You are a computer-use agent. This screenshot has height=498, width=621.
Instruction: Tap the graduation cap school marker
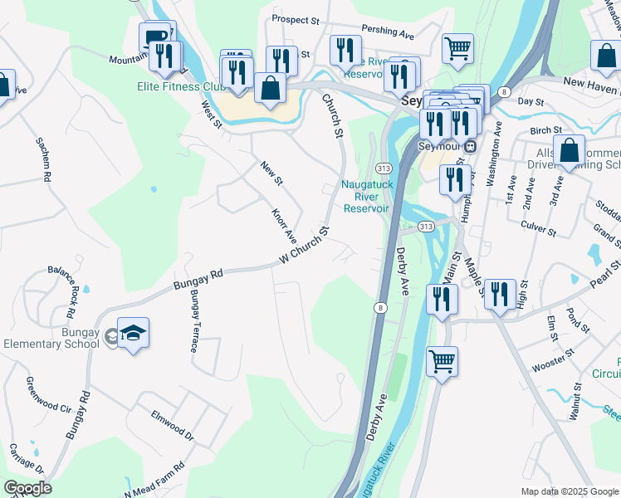[x=134, y=334]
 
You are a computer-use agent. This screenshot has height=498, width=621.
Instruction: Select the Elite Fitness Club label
[x=183, y=86]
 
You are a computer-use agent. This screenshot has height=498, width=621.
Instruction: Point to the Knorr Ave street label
[x=284, y=224]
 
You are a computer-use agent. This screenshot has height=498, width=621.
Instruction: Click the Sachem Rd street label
[x=43, y=160]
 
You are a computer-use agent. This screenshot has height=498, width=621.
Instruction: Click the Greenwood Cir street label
[x=48, y=395]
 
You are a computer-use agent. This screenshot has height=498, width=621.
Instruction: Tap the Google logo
[x=27, y=488]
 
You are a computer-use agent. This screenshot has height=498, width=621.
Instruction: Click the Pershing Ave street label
[x=388, y=36]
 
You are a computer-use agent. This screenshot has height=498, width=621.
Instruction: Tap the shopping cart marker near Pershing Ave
[x=457, y=49]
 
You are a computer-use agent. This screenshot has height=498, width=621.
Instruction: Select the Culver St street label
[x=538, y=224]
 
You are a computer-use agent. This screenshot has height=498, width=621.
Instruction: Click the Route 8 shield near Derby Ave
[x=379, y=308]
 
